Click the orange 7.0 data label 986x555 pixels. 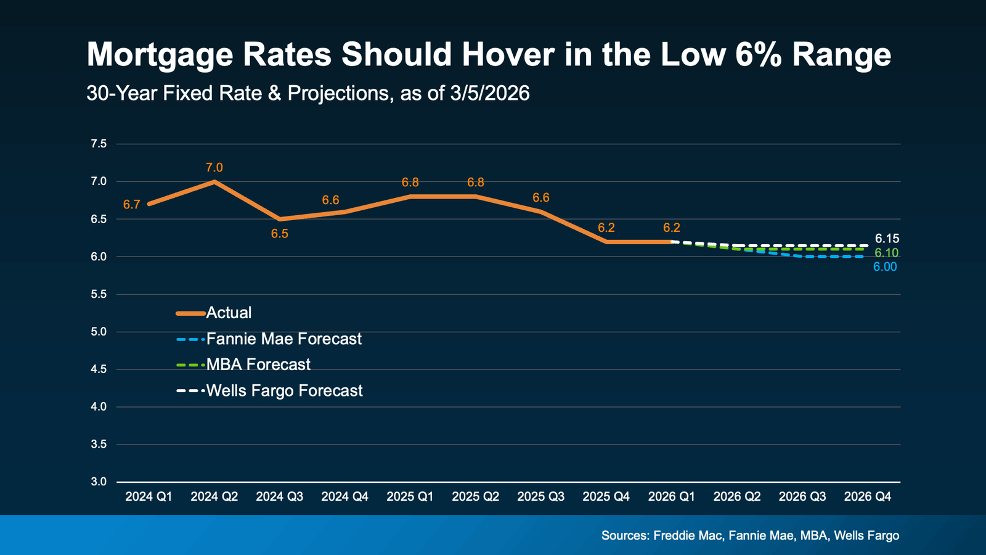tap(214, 168)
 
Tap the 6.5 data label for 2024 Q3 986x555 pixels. tap(280, 234)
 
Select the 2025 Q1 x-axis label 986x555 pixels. tap(410, 496)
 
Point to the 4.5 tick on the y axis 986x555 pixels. tap(99, 369)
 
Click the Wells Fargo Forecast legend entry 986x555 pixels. tap(284, 390)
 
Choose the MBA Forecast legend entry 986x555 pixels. tap(258, 364)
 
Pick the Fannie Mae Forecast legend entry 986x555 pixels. tap(283, 339)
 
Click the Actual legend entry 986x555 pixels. tap(229, 313)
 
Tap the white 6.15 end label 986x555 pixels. tap(887, 239)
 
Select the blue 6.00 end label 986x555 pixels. tap(885, 267)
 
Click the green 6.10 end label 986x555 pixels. tap(886, 253)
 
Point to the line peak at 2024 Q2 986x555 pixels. tap(214, 181)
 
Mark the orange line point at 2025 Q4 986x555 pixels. tap(606, 242)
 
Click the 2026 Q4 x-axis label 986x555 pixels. tap(868, 496)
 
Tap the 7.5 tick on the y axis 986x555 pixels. tap(99, 144)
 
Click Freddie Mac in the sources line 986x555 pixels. tap(687, 535)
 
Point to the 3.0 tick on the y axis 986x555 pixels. tap(99, 482)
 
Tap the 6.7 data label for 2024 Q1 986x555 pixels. tap(131, 205)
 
